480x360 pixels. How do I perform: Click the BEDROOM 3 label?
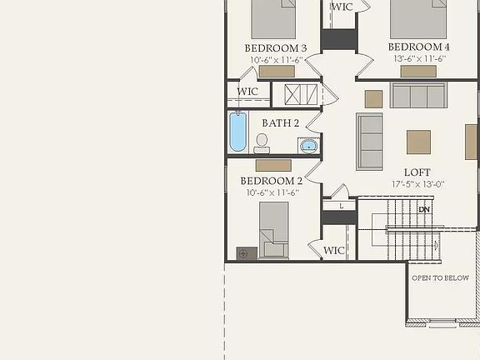274,47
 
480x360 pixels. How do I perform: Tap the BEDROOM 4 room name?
418,47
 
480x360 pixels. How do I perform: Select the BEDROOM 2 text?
272,181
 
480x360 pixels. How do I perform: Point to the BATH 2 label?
281,122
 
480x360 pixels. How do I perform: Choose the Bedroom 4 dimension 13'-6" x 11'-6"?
418,59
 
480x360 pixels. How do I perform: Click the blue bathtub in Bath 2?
238,131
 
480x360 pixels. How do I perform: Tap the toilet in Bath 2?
262,142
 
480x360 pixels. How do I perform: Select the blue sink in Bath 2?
309,147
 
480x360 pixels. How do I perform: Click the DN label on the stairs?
424,209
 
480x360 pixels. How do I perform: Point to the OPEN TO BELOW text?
440,278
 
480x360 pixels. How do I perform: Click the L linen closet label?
340,205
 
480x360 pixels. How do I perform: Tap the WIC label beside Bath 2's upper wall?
247,92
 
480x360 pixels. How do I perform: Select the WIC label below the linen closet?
334,250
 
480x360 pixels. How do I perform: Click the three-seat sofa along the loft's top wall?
418,96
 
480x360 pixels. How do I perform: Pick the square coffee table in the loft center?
418,142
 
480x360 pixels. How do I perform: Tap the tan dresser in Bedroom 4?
418,72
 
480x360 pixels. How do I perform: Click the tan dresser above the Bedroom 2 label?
273,165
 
